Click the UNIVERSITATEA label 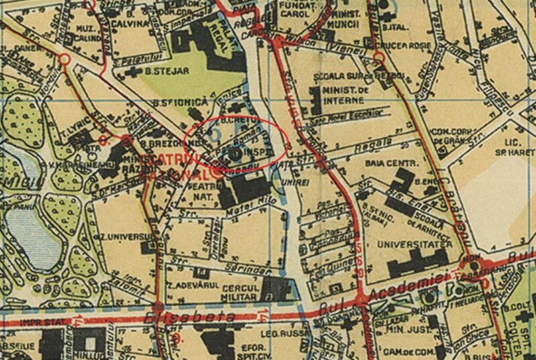point(412,245)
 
